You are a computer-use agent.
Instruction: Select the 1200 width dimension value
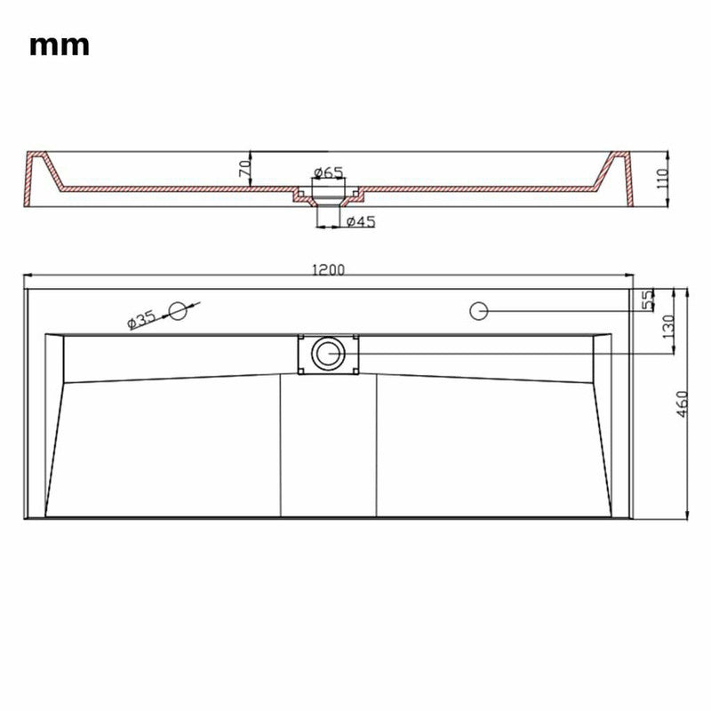[328, 270]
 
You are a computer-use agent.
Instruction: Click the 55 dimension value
[648, 300]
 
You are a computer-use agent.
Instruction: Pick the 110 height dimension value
[659, 180]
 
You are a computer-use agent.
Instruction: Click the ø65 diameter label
[328, 172]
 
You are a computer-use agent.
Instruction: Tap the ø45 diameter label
[359, 221]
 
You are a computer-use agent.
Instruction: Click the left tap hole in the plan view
[180, 310]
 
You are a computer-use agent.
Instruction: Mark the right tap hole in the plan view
[478, 310]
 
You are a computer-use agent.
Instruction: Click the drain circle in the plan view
[327, 353]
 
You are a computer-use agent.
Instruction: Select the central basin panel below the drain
[328, 444]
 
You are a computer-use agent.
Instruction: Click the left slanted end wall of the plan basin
[55, 427]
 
